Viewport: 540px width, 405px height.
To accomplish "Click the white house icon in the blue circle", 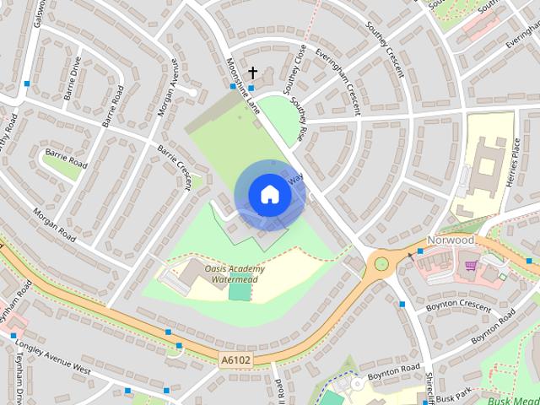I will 270,195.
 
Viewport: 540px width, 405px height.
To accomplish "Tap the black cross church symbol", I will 252,73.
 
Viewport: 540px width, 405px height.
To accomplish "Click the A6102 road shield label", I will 236,360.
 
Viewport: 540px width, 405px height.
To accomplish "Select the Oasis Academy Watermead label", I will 235,273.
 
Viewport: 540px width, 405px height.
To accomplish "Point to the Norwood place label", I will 450,240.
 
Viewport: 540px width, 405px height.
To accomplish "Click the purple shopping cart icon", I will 471,266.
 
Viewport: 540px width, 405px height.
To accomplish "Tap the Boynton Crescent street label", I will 458,307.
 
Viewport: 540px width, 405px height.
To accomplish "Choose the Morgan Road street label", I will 55,224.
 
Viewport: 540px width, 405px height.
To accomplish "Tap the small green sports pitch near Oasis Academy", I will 240,291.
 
